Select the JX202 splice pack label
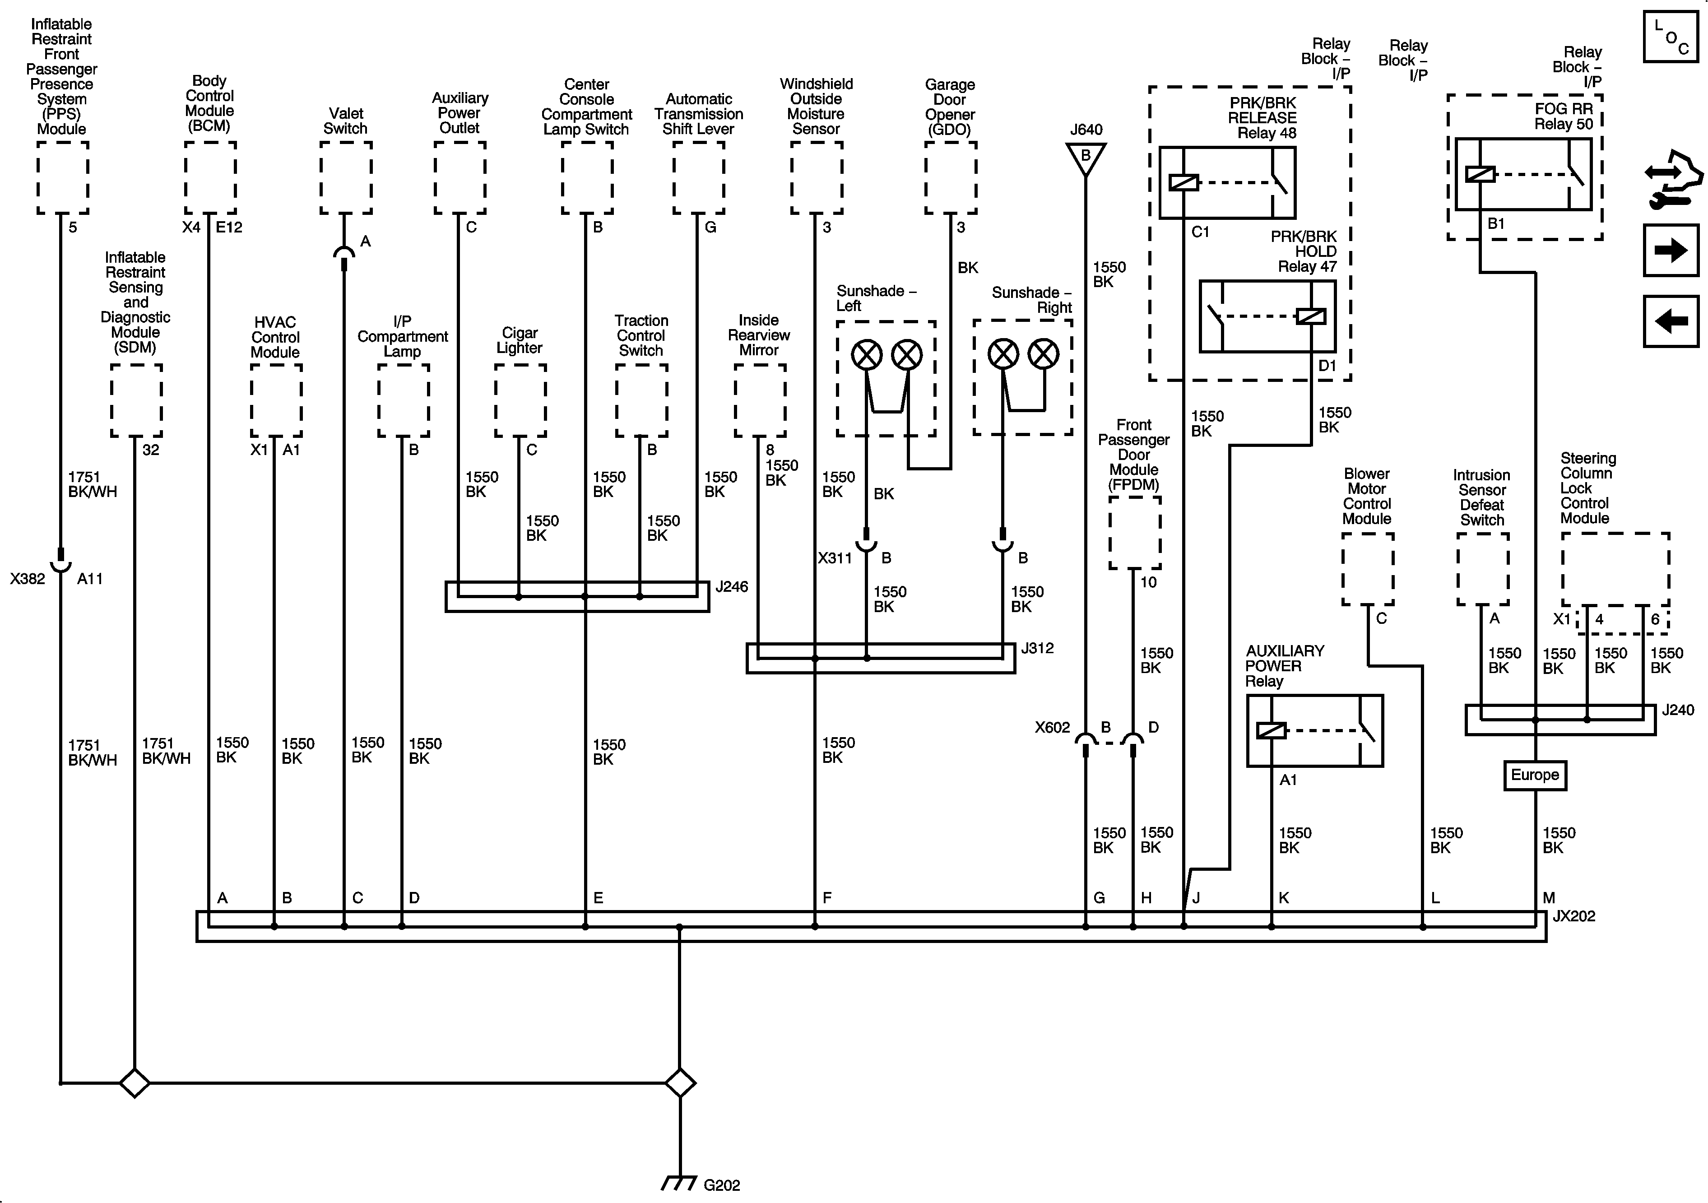tap(1574, 916)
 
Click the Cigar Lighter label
tap(519, 340)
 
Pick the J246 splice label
tap(731, 587)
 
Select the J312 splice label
tap(1037, 648)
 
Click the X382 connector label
tap(28, 579)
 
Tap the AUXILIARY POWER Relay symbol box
tap(1314, 730)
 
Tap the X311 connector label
tap(834, 558)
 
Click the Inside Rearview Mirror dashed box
tap(760, 400)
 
